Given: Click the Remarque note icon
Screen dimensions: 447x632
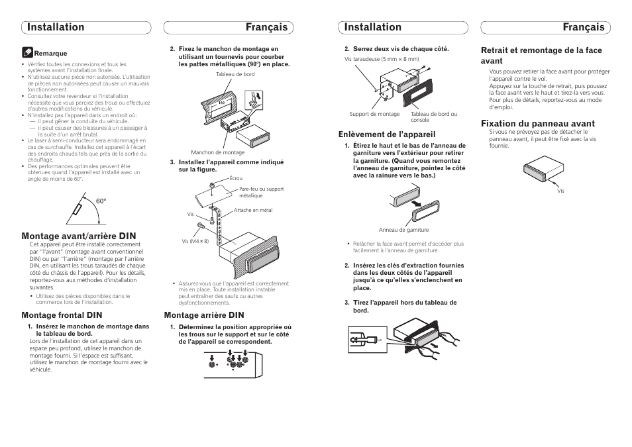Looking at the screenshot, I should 27,51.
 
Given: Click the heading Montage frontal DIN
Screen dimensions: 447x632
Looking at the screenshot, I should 62,315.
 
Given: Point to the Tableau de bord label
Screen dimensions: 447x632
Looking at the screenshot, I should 235,75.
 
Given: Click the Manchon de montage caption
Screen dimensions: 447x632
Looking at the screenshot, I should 217,152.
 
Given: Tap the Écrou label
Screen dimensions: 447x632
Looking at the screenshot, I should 236,179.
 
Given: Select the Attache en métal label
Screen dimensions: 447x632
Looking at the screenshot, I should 253,211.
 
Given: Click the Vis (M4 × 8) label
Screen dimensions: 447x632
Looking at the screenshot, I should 195,241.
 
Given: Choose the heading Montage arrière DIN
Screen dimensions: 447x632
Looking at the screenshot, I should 204,315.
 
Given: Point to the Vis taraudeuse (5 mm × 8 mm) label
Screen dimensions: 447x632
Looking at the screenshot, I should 382,59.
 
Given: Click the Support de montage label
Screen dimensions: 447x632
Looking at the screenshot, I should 374,114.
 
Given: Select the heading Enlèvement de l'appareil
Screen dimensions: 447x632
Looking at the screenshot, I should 387,134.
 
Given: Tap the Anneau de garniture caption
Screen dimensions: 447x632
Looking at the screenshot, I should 403,230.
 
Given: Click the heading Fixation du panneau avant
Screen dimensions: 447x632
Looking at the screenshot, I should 538,123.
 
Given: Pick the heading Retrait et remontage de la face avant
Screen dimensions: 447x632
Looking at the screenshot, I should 541,55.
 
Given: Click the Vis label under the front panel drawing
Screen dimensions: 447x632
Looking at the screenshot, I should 560,191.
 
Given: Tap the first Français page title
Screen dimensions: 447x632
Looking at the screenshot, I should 266,27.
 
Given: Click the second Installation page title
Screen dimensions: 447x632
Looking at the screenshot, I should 373,27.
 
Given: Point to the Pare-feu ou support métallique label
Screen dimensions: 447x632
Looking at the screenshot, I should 261,192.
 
